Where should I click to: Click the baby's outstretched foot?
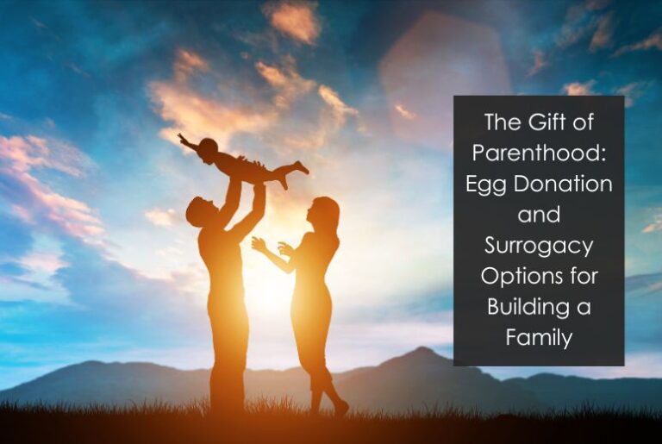(x=301, y=168)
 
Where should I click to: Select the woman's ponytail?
(x=334, y=226)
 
